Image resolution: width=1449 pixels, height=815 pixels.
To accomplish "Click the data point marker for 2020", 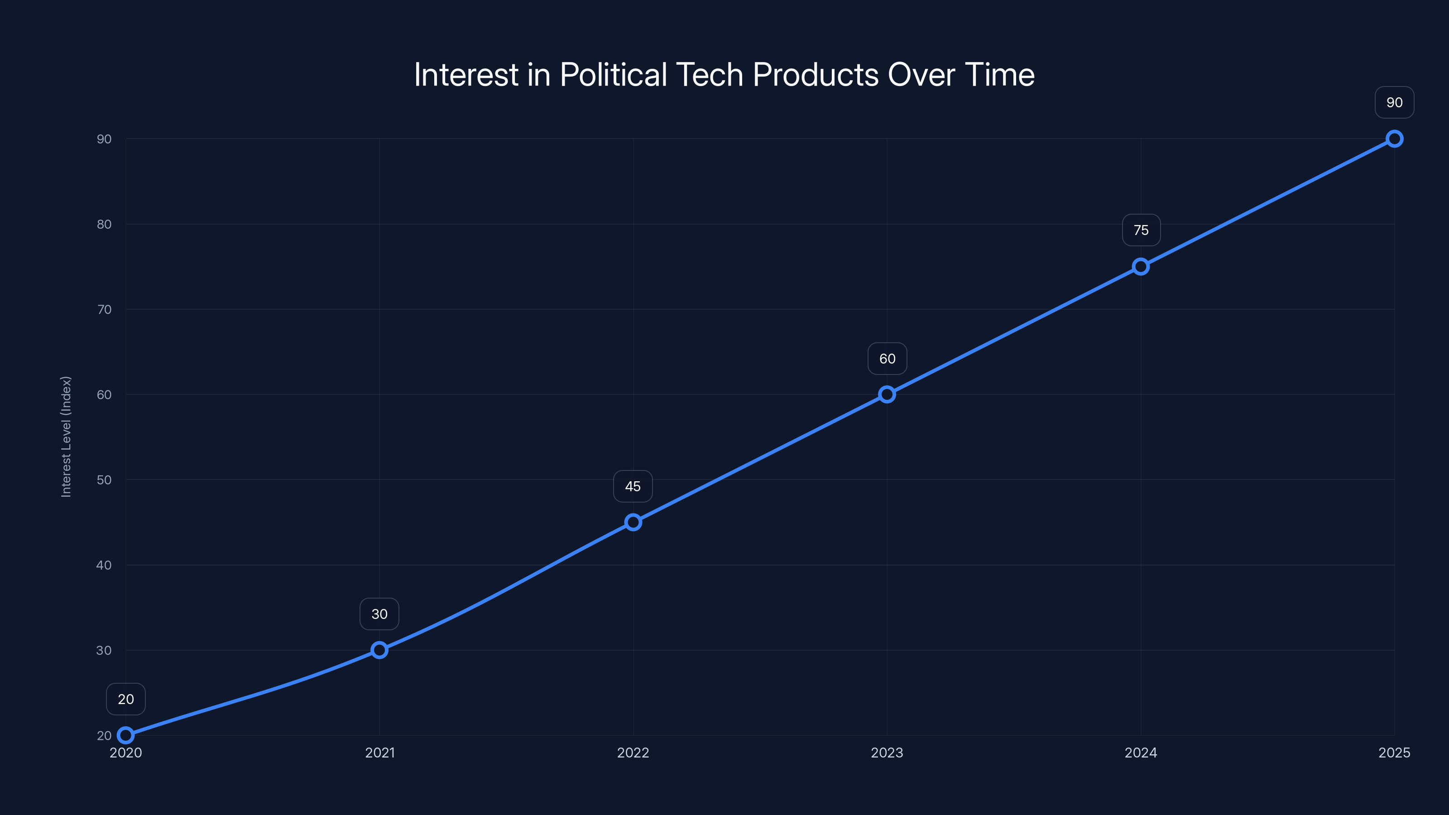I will [125, 735].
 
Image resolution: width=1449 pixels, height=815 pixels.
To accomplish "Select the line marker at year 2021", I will [379, 650].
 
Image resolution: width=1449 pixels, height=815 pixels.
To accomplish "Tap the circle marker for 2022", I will [633, 523].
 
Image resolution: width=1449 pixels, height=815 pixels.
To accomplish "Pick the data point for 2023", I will [887, 394].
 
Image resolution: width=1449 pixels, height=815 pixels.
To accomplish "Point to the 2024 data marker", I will [1141, 267].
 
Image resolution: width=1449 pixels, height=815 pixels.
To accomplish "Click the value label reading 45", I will [633, 487].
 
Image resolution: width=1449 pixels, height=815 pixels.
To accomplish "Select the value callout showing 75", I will [1141, 230].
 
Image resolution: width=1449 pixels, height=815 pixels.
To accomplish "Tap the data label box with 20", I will [125, 699].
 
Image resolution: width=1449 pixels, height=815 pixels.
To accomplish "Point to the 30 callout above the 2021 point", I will [379, 614].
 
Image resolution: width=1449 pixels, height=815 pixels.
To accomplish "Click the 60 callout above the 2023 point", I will [887, 359].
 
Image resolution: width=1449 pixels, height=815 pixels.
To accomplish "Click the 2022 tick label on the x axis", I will [633, 753].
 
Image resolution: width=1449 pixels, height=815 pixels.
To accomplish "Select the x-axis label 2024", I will [1141, 753].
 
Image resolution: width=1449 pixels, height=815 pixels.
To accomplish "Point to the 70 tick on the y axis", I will [104, 309].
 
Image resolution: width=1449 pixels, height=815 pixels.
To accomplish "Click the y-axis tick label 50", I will [104, 480].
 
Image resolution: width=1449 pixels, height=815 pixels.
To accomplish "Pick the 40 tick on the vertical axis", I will [104, 565].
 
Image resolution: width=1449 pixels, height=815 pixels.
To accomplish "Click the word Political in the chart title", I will [613, 75].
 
